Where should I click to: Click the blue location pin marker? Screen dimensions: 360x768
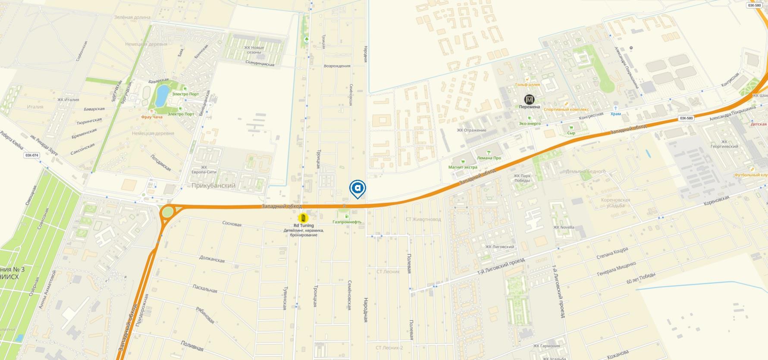(x=358, y=188)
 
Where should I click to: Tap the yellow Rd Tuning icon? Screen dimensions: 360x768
(x=304, y=218)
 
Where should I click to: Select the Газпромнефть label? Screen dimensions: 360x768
(x=347, y=222)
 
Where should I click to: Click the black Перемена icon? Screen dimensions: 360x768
(x=529, y=100)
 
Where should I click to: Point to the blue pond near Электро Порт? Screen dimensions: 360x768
(x=163, y=95)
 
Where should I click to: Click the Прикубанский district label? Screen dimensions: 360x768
(x=213, y=186)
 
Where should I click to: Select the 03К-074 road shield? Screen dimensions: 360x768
(x=31, y=155)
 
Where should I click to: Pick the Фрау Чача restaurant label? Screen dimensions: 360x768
(x=151, y=117)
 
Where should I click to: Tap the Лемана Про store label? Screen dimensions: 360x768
(x=489, y=158)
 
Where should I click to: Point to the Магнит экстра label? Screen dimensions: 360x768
(x=463, y=167)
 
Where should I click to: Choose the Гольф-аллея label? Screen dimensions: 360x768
(x=527, y=85)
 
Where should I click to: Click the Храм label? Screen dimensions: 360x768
(x=616, y=114)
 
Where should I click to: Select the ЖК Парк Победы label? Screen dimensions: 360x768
(x=522, y=178)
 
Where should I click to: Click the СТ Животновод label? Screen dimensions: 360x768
(x=423, y=219)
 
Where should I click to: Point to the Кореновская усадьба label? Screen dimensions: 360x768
(x=615, y=203)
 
